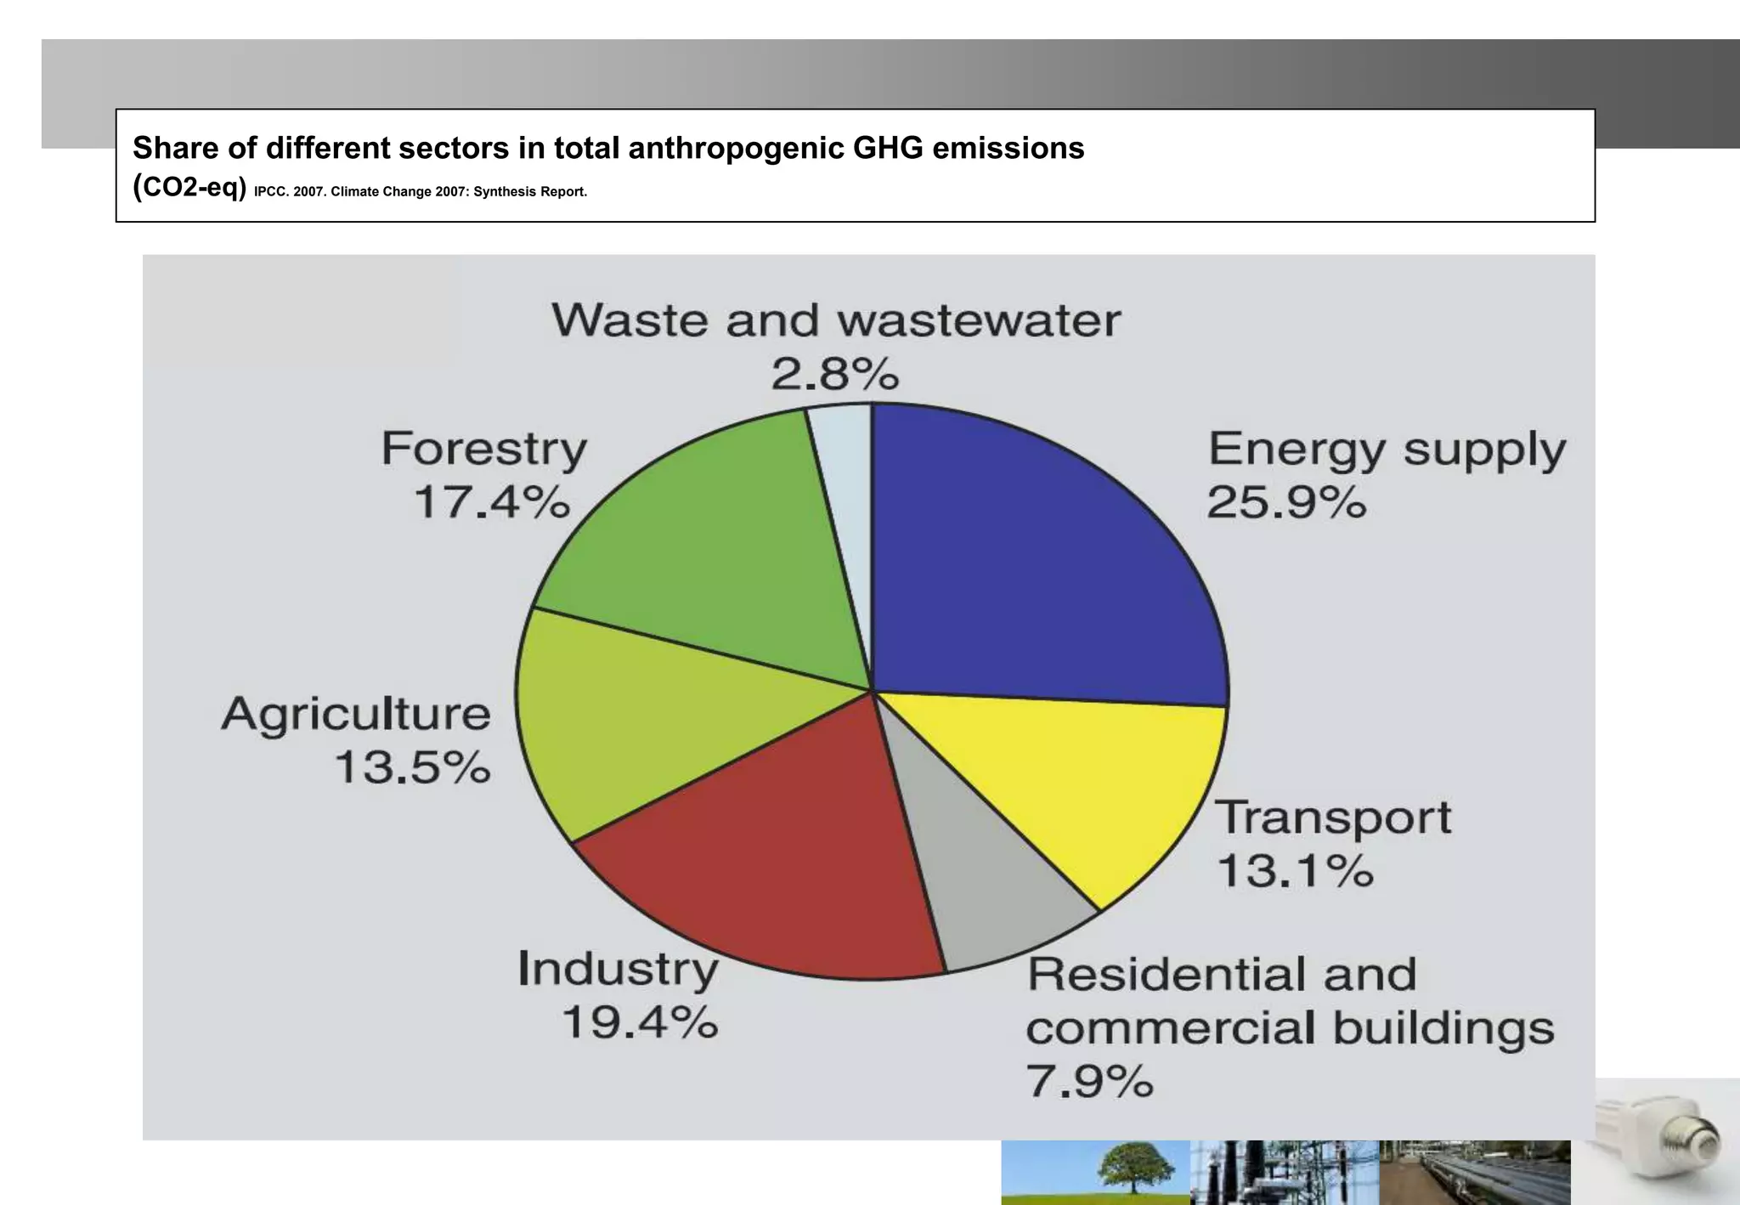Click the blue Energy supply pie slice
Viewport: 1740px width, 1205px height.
(1037, 561)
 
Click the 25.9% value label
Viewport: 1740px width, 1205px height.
(1286, 502)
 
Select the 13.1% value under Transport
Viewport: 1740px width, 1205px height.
(1295, 871)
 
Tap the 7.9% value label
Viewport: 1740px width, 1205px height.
(1089, 1082)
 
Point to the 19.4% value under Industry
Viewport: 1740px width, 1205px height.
(640, 1022)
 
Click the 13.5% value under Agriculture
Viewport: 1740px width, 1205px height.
(413, 767)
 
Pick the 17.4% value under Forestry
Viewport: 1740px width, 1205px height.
(491, 501)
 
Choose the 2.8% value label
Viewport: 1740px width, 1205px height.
(834, 374)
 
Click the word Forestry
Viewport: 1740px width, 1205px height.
(483, 450)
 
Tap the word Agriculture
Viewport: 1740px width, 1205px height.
(356, 714)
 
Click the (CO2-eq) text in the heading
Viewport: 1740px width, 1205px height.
(189, 187)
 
